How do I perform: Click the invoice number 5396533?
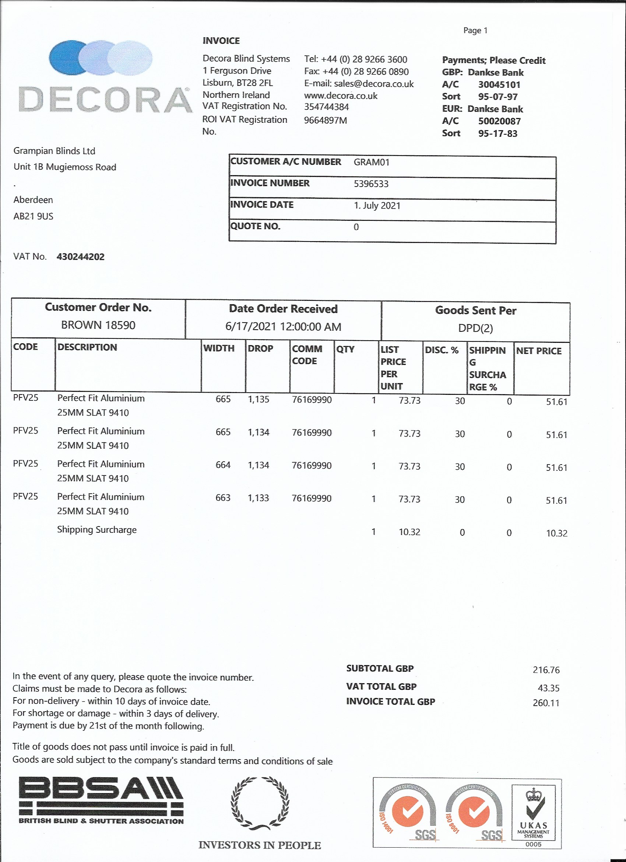pyautogui.click(x=371, y=184)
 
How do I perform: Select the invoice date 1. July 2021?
pyautogui.click(x=377, y=206)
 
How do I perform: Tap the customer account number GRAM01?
pyautogui.click(x=371, y=162)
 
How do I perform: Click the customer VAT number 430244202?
pyautogui.click(x=81, y=257)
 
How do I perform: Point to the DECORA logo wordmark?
pyautogui.click(x=105, y=100)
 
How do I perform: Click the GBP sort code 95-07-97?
pyautogui.click(x=498, y=97)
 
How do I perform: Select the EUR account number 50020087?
pyautogui.click(x=499, y=121)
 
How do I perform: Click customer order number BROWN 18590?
pyautogui.click(x=98, y=325)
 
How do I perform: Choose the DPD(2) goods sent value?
pyautogui.click(x=475, y=329)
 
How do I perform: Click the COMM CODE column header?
pyautogui.click(x=307, y=355)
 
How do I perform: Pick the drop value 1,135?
pyautogui.click(x=259, y=399)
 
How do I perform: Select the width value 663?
pyautogui.click(x=223, y=498)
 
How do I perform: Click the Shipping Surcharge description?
pyautogui.click(x=97, y=530)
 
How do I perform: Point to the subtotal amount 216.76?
pyautogui.click(x=546, y=670)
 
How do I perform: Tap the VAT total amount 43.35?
pyautogui.click(x=549, y=688)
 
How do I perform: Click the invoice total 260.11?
pyautogui.click(x=546, y=703)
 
